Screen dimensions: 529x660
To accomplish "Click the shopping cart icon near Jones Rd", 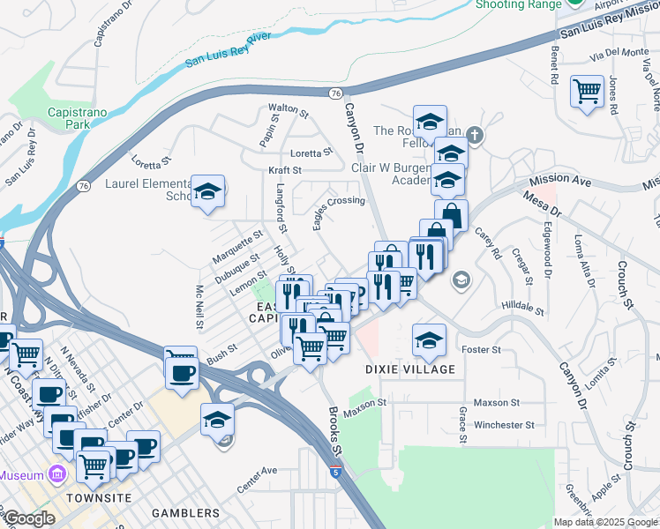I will (587, 91).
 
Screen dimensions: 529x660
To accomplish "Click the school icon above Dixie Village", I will (429, 340).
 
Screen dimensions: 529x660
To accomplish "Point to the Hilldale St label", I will (523, 304).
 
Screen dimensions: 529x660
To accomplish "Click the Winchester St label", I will (504, 424).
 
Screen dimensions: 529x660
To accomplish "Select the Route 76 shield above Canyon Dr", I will (334, 93).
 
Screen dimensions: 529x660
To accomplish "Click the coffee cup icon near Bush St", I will (182, 370).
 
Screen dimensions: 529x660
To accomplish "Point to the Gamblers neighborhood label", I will (185, 513).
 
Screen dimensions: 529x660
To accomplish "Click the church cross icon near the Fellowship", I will (475, 135).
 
